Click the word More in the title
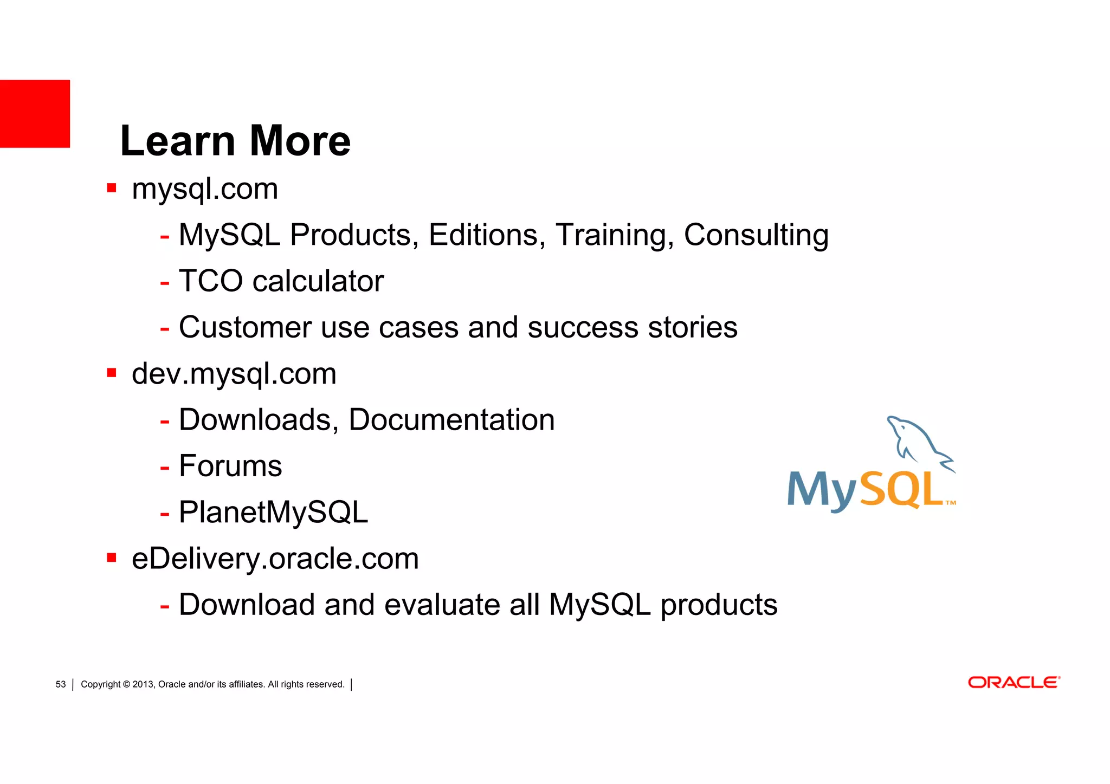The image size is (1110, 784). point(300,141)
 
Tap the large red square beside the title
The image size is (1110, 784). point(35,114)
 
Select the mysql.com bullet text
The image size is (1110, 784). point(205,190)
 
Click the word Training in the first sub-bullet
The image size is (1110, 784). point(615,235)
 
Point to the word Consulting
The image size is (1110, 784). point(756,235)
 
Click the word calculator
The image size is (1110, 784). point(318,281)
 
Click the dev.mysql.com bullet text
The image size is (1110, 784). point(234,374)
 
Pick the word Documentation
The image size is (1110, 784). point(451,420)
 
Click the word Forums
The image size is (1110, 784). point(230,466)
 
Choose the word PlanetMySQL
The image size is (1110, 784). point(273,513)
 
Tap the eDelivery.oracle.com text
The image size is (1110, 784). point(275,559)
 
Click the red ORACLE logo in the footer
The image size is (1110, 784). point(1014,683)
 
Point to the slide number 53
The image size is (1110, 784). point(61,684)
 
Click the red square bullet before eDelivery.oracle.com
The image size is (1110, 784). point(112,558)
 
